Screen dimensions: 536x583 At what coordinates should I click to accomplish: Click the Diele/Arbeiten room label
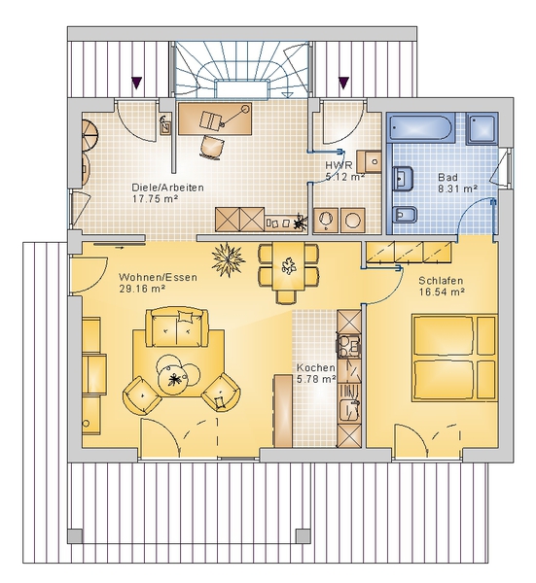[168, 187]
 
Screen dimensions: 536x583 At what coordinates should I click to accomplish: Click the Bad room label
[447, 177]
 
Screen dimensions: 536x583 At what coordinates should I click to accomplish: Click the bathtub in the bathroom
[421, 127]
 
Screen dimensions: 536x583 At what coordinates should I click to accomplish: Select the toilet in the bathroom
[405, 214]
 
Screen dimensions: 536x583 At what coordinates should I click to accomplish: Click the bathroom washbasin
[404, 179]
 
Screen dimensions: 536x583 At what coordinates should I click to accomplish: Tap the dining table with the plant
[288, 266]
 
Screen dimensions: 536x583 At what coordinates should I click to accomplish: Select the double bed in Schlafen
[454, 358]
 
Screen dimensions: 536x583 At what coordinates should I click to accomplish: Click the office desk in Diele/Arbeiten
[215, 119]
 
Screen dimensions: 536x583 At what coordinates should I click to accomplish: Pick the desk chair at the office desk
[211, 147]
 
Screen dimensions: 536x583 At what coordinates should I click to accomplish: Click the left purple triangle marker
[137, 83]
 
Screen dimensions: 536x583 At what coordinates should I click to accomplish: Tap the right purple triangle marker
[343, 83]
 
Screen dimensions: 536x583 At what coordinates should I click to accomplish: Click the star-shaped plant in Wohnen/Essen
[228, 259]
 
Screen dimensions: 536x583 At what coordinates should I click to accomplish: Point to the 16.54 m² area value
[443, 291]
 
